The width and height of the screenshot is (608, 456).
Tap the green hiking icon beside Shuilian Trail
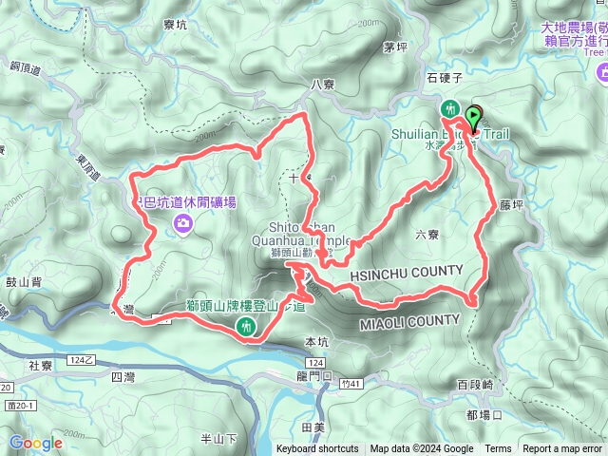pos(450,109)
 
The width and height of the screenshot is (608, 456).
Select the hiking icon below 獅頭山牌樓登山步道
pos(247,327)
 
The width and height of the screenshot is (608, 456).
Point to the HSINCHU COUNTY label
pos(406,274)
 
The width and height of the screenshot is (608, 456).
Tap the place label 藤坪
pos(511,204)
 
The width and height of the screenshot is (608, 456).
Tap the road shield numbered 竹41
pos(351,384)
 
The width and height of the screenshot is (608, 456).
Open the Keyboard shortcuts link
pos(317,449)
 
